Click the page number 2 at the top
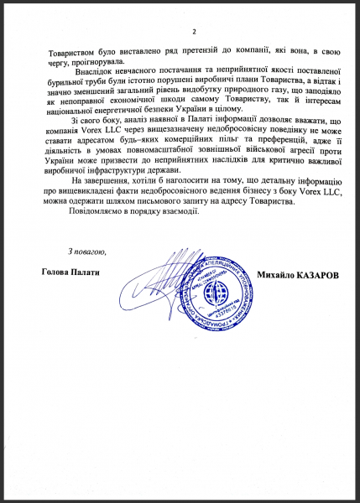(192, 32)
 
